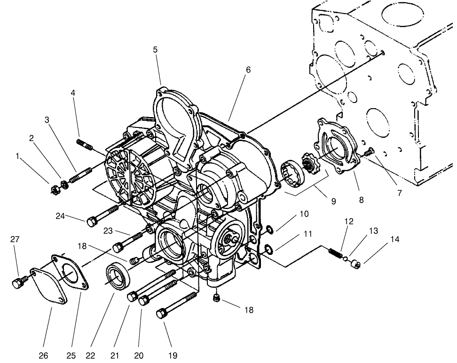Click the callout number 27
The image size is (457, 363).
[x=15, y=239]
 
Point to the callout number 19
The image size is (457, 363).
[x=173, y=355]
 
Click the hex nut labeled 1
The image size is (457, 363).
[x=53, y=189]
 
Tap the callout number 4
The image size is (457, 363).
[x=73, y=93]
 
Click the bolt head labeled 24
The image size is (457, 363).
[x=92, y=221]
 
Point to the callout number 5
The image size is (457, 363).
[x=155, y=49]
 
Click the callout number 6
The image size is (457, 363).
[x=248, y=70]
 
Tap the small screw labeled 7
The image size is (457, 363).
[x=369, y=151]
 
